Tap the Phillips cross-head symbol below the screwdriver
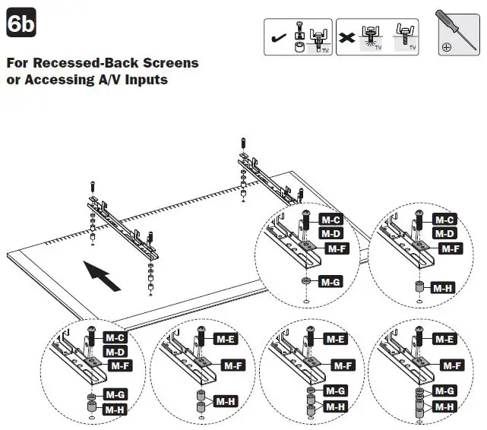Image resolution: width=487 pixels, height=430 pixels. (x=446, y=46)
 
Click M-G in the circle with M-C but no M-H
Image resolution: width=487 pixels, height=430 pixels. (x=330, y=283)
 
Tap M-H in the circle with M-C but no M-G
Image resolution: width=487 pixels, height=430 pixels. (x=444, y=288)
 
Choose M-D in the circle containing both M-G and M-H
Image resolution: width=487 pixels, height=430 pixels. (x=115, y=352)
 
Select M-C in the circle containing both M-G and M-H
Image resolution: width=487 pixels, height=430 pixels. (x=115, y=337)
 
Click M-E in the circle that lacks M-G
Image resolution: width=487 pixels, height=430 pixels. (x=226, y=338)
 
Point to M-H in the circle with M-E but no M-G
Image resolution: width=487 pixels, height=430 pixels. (x=225, y=400)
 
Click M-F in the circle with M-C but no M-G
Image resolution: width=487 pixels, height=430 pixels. (x=451, y=248)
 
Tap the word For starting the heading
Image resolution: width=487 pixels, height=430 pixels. (x=19, y=62)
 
